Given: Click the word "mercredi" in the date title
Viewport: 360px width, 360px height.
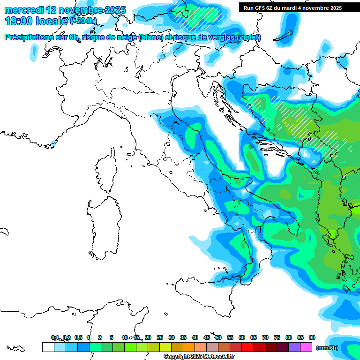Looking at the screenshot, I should point(22,10).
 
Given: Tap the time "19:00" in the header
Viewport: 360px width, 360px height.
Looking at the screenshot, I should point(18,21).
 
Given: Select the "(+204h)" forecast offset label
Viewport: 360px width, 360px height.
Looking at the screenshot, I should point(83,21).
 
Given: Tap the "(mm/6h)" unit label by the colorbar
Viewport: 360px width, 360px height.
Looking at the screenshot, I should point(327,347).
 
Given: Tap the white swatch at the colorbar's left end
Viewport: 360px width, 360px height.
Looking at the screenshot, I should point(48,347).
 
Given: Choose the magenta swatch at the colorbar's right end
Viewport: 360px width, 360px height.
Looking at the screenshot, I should point(306,347).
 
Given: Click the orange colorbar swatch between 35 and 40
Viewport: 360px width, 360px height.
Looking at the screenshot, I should point(189,347).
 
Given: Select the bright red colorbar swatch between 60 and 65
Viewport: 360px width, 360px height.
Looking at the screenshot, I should point(247,347).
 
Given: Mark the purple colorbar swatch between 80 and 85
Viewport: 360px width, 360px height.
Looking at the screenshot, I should point(294,347).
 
